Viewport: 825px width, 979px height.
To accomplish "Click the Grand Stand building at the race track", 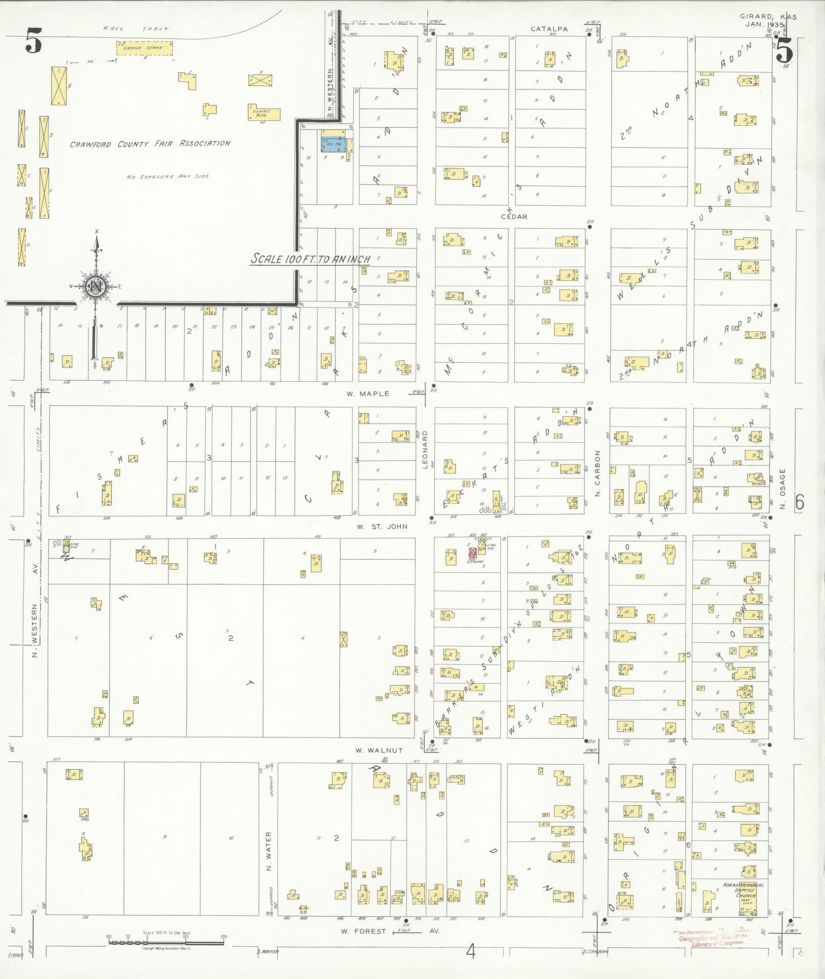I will point(144,48).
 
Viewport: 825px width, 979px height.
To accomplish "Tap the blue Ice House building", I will point(334,144).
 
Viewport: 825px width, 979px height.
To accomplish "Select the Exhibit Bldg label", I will point(264,113).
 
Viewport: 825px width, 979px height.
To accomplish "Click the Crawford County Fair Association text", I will point(150,144).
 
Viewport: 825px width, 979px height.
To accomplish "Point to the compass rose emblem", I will point(95,287).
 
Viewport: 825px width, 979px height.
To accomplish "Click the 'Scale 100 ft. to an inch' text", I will point(310,259).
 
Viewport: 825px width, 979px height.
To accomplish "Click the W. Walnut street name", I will point(380,750).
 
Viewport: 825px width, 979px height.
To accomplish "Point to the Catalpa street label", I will point(549,29).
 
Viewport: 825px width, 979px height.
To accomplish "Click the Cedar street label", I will point(514,217).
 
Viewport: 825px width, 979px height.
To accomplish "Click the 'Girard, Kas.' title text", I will point(768,17).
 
